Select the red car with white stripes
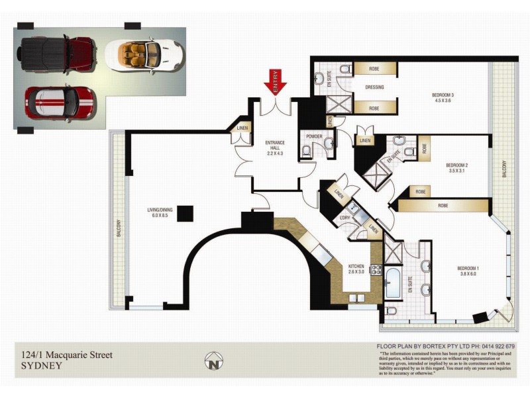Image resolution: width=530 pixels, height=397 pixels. (60, 104)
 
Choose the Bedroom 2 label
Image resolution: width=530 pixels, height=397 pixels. (457, 168)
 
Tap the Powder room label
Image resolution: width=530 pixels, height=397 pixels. (314, 138)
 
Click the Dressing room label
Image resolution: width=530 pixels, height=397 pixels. (375, 87)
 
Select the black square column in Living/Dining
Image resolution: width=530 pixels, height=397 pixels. (185, 213)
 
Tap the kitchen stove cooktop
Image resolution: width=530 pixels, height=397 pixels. (376, 269)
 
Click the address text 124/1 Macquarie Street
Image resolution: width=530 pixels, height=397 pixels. (67, 355)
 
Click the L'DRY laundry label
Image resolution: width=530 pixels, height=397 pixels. (344, 218)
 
